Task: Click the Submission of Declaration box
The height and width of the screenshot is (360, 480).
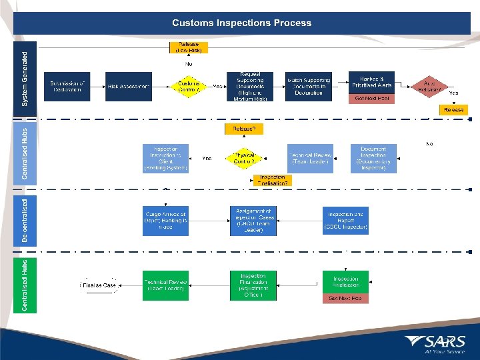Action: (x=67, y=86)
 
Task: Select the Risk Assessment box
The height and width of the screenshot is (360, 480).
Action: (x=129, y=87)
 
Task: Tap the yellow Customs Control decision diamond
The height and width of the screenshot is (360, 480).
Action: (x=189, y=87)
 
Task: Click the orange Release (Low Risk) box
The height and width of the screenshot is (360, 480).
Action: (x=188, y=48)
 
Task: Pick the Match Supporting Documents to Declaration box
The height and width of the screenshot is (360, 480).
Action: (x=309, y=87)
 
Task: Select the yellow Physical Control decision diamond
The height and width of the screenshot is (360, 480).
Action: (x=244, y=158)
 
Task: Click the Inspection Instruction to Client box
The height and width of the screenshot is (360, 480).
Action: (x=165, y=159)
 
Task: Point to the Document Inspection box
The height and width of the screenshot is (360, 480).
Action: (x=373, y=159)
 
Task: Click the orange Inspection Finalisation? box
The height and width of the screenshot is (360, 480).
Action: (x=273, y=180)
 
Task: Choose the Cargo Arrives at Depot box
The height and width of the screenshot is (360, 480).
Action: (x=165, y=220)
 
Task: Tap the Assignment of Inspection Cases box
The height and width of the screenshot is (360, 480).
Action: (x=253, y=220)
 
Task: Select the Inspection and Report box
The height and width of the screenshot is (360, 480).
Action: (x=345, y=220)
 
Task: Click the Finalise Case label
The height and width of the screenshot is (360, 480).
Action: (x=100, y=285)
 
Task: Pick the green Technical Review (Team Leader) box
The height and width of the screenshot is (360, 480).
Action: (x=165, y=285)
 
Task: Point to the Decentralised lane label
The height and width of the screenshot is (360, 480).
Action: (x=25, y=219)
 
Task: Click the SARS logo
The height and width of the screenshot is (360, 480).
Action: (x=443, y=343)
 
